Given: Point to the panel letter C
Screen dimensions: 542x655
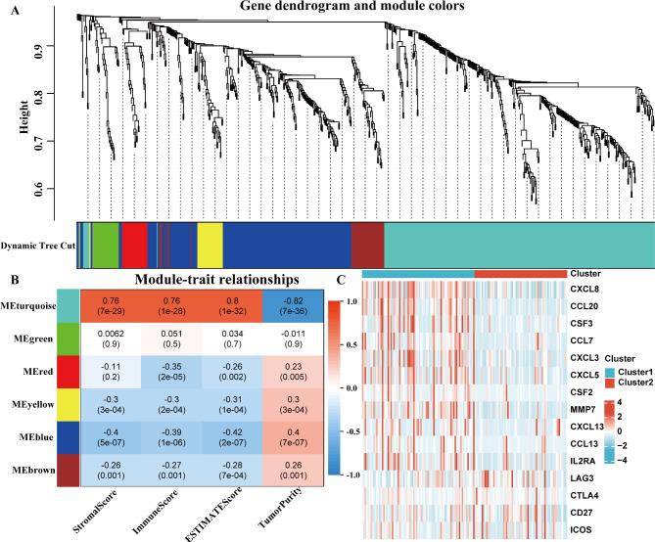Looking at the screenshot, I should [340, 278].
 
